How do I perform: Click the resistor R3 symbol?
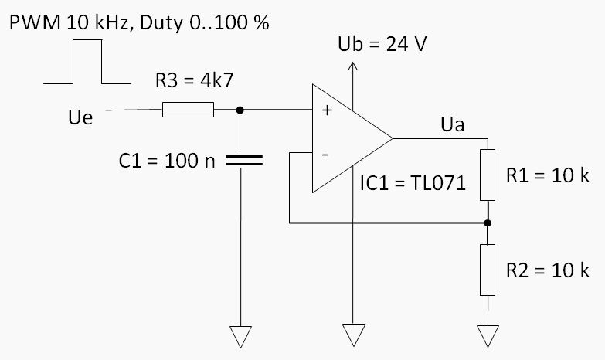coord(188,110)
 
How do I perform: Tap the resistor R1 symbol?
coord(487,175)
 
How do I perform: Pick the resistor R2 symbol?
coord(487,270)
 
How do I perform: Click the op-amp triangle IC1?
coord(348,139)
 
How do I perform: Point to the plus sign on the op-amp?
coord(326,111)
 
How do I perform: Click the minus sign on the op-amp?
coord(325,155)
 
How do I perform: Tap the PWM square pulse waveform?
coord(87,62)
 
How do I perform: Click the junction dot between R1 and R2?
coord(487,223)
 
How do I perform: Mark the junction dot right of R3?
coord(240,110)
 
